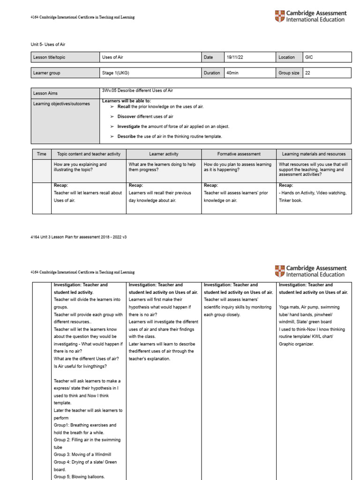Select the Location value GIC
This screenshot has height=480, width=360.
309,57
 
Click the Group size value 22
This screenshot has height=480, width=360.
307,73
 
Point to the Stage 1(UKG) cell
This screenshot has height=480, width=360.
114,73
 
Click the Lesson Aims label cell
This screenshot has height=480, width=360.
45,93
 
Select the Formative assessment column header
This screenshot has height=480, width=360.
239,154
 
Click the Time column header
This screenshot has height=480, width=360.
42,154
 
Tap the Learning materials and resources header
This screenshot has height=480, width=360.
314,154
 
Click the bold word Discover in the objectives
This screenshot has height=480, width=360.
126,116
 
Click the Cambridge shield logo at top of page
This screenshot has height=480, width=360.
279,16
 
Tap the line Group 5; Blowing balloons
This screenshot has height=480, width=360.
79,477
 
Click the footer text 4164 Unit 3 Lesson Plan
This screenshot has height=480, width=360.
78,237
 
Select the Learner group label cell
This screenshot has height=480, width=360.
47,73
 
